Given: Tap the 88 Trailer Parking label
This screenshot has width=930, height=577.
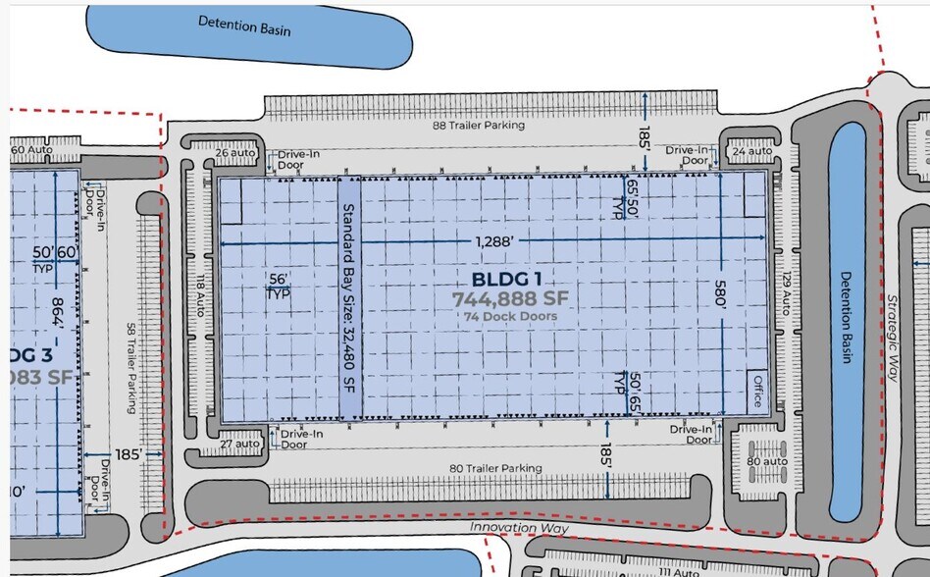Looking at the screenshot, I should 480,126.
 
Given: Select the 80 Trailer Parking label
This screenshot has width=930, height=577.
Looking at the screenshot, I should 495,469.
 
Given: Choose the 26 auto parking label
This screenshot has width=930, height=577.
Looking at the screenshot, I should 233,152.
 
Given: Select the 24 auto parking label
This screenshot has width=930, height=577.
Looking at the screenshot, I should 750,152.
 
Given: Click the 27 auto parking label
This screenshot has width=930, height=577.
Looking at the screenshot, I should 241,444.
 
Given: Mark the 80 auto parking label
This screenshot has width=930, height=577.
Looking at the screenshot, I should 766,460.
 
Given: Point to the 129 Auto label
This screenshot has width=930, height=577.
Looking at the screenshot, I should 786,293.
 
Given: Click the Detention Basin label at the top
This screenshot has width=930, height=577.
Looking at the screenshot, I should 244,25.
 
